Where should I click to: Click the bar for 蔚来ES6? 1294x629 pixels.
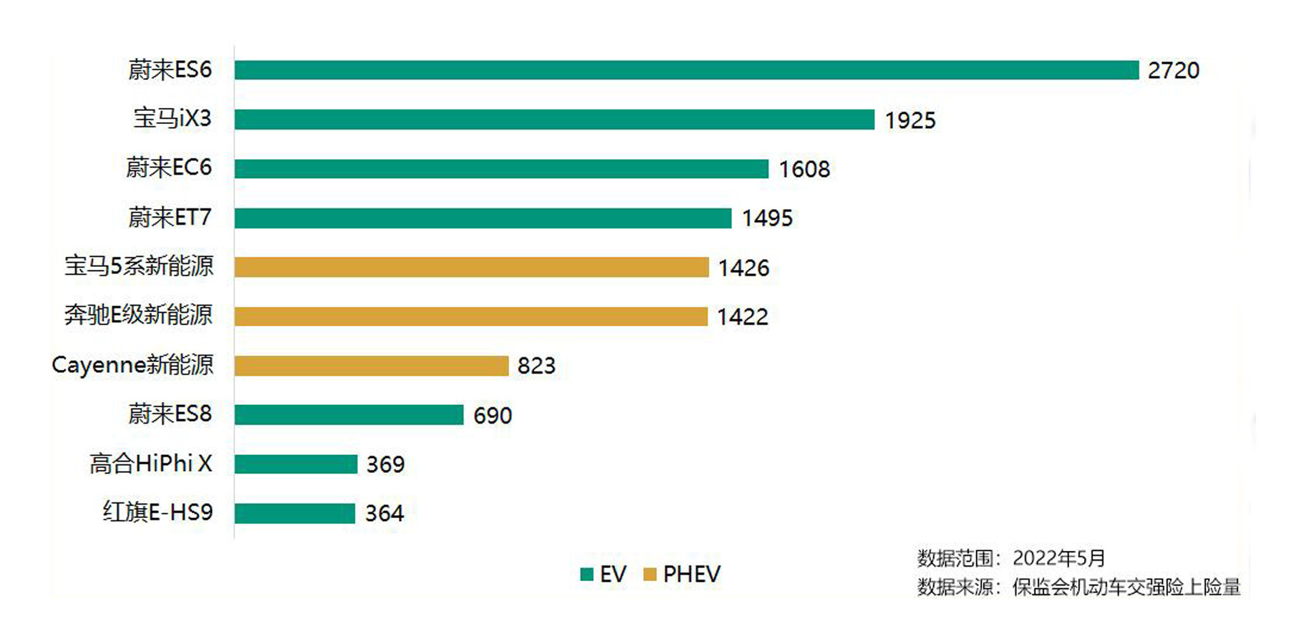click(686, 70)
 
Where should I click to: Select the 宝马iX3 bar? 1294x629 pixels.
click(554, 120)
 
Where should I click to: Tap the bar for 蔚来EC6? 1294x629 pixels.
click(501, 169)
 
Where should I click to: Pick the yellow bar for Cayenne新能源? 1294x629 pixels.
click(371, 366)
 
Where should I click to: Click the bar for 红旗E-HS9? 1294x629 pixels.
click(294, 513)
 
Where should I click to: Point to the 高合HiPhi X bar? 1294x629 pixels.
click(296, 464)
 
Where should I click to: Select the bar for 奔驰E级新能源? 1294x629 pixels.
click(470, 316)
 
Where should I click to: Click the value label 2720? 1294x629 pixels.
click(1173, 70)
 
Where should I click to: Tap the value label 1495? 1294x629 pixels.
click(767, 218)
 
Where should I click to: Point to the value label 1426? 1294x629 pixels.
click(743, 268)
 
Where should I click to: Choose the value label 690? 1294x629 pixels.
click(492, 415)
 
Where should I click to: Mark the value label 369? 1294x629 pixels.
click(385, 464)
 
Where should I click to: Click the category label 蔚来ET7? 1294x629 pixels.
click(170, 217)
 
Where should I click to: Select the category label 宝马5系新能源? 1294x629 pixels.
click(139, 266)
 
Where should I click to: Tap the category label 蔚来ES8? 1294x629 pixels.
click(170, 414)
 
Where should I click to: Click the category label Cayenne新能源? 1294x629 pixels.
click(132, 365)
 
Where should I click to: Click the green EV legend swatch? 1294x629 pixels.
click(586, 574)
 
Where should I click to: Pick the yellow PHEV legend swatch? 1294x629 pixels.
click(650, 574)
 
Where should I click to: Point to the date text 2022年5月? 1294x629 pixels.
click(1058, 558)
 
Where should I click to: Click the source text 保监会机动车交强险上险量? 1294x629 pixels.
click(1126, 587)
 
